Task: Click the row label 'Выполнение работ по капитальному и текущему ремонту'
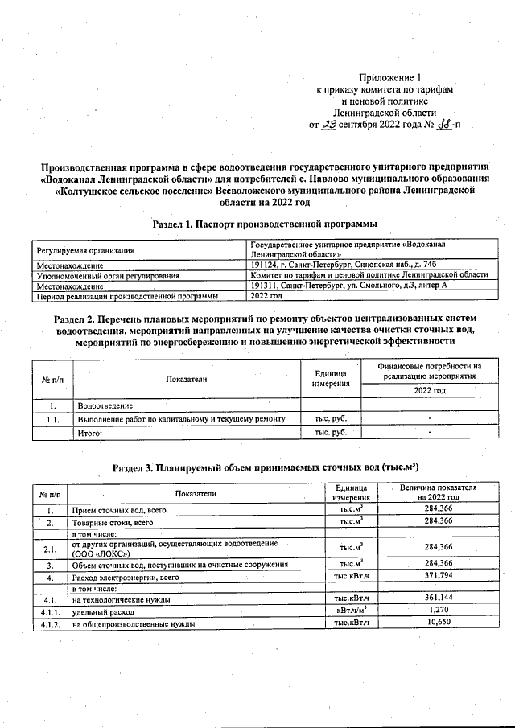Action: point(181,419)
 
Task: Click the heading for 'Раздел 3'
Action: point(265,467)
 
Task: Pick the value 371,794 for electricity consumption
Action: point(438,576)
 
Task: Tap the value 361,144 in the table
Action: point(438,598)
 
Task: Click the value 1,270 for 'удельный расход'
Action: point(438,611)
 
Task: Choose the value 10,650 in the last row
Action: point(438,623)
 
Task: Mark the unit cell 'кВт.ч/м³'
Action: point(351,611)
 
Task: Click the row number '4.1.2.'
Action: point(50,623)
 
